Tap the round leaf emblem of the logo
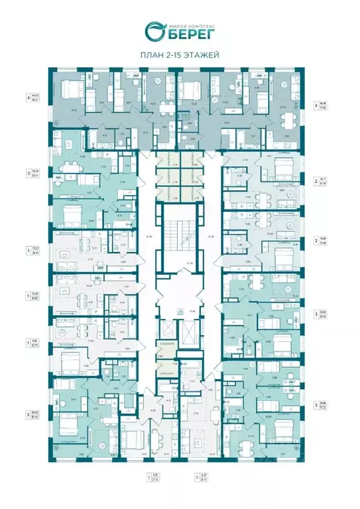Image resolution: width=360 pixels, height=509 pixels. click(154, 30)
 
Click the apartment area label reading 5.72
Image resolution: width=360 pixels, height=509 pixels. click(155, 475)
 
